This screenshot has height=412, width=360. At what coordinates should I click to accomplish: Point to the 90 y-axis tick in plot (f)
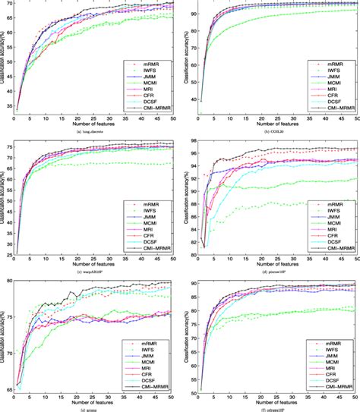point(191,284)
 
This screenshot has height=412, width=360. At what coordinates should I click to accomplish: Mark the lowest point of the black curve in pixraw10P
point(205,247)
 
